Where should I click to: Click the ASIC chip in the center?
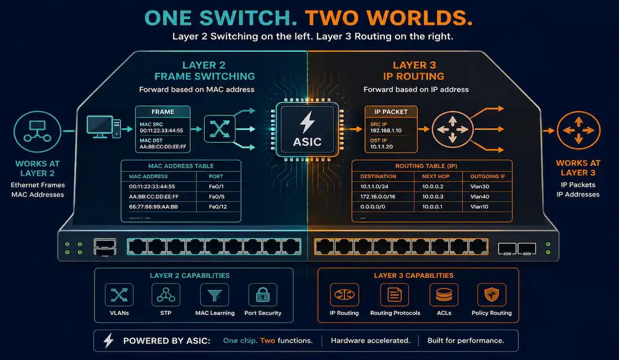click(307, 129)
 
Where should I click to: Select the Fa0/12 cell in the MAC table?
click(218, 207)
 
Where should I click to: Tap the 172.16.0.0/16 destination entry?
click(378, 196)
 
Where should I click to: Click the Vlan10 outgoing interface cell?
click(479, 207)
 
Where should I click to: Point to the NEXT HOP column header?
click(436, 177)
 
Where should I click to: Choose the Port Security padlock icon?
click(263, 295)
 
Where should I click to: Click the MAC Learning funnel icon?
click(214, 295)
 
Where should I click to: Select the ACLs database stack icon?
click(444, 295)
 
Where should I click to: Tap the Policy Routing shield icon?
click(491, 295)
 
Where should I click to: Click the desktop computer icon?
click(104, 127)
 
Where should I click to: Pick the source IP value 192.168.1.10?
click(385, 130)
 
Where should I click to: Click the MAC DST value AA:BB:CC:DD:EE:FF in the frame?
click(163, 147)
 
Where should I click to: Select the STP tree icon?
click(166, 295)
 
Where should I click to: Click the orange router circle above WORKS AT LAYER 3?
click(578, 130)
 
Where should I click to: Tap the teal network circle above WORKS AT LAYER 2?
click(38, 132)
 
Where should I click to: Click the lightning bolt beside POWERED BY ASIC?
click(109, 340)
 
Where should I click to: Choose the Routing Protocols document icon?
click(394, 295)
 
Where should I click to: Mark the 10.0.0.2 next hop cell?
click(433, 187)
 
